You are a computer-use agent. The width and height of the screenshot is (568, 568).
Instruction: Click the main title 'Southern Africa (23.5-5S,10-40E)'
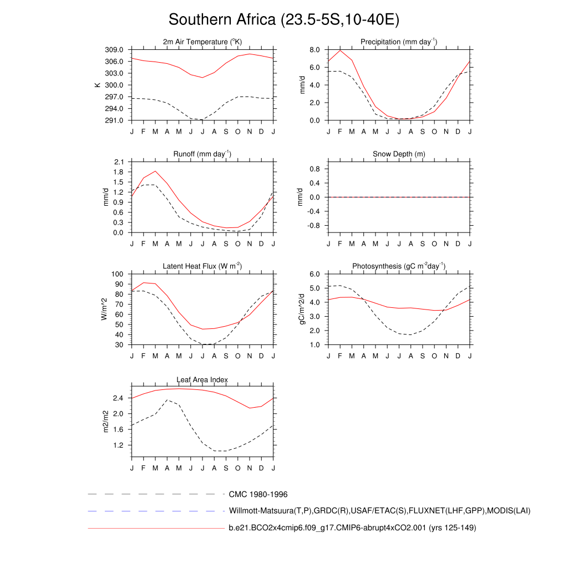[284, 20]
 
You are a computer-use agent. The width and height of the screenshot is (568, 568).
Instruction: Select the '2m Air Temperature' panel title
[202, 42]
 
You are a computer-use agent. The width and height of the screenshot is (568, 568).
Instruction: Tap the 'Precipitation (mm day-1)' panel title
[399, 42]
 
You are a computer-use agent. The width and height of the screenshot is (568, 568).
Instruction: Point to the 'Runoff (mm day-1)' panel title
[202, 154]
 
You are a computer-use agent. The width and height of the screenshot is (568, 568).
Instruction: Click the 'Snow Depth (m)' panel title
[399, 154]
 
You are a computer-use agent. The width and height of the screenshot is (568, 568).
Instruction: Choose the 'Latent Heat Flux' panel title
[202, 266]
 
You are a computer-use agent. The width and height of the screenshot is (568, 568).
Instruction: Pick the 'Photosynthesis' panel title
[399, 266]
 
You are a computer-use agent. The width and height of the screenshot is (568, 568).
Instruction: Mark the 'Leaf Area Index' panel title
[202, 380]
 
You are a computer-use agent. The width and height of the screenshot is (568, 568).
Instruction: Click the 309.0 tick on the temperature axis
[114, 50]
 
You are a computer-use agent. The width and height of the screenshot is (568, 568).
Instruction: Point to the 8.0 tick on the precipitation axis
[315, 50]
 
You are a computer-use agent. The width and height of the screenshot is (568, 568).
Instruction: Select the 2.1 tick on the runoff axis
[118, 162]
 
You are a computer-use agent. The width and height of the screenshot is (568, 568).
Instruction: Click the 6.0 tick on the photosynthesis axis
[315, 274]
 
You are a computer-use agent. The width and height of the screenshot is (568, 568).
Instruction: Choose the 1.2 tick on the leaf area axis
[118, 445]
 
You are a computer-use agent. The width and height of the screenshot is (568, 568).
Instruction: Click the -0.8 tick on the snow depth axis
[313, 226]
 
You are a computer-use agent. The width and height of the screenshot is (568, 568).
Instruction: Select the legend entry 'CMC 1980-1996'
[258, 494]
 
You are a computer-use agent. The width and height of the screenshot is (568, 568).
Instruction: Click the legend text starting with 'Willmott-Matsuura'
[379, 511]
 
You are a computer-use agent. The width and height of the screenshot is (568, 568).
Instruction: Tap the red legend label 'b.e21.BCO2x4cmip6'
[352, 528]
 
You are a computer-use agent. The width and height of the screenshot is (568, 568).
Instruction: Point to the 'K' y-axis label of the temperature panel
[98, 85]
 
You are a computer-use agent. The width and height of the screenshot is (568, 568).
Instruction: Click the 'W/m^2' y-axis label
[103, 309]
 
